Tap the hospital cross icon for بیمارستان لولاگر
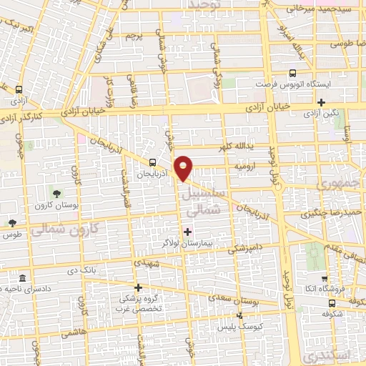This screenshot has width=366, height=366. click(x=188, y=231)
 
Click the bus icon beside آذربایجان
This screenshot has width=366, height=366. click(x=152, y=162)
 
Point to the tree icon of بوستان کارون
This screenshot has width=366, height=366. click(x=56, y=193)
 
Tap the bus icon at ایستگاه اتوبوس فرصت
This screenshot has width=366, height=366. click(x=292, y=73)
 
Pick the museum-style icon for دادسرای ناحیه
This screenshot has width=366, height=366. click(x=22, y=277)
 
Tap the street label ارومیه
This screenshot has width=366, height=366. click(x=245, y=165)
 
